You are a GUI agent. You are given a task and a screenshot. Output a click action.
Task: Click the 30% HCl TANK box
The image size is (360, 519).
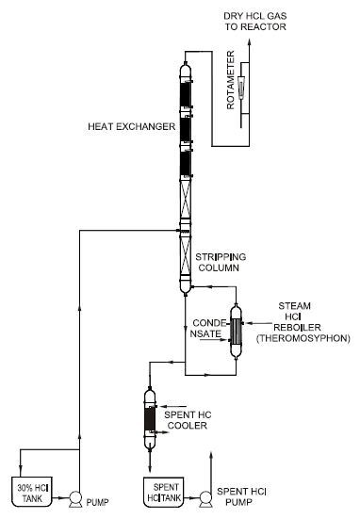[34, 490]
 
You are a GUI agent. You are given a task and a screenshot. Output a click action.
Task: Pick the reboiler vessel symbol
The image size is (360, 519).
[237, 330]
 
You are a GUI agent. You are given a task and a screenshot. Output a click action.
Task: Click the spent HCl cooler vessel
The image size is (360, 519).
[148, 414]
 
